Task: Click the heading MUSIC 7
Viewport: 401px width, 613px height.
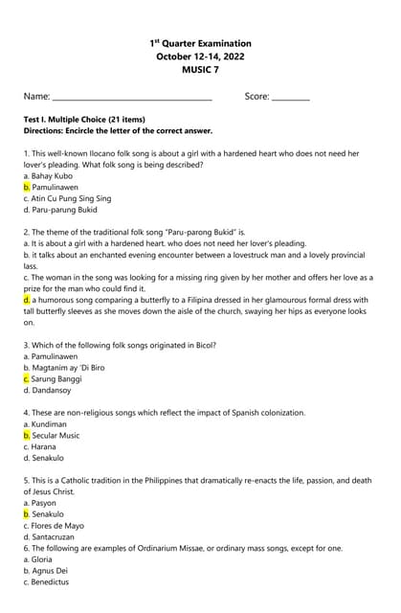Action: [200, 70]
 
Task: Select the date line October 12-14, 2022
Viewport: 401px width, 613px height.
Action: [200, 57]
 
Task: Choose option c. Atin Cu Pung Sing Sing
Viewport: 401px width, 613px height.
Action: [67, 198]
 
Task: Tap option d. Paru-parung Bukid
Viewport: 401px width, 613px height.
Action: [60, 210]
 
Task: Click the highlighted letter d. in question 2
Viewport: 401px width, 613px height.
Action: [28, 300]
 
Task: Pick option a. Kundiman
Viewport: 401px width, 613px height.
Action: [45, 424]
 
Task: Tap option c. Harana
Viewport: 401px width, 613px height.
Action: [43, 446]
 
